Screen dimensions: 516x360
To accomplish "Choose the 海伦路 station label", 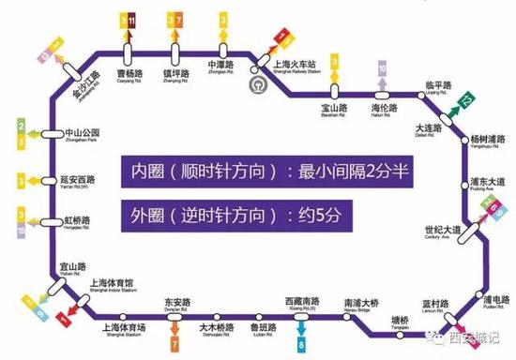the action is (382, 110).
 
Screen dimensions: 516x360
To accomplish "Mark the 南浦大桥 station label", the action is (360, 304).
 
